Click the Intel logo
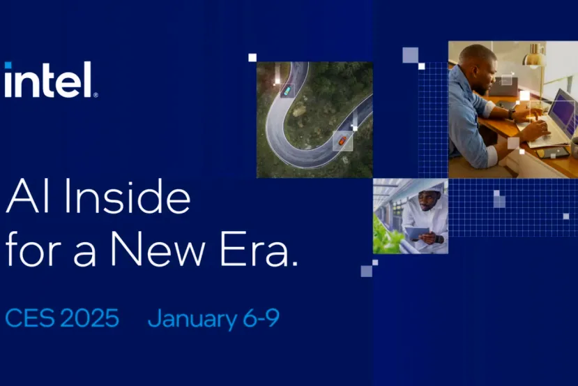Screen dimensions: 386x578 [x=50, y=80]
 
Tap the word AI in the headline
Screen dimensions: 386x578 [x=27, y=198]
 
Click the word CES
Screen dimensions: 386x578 [x=29, y=318]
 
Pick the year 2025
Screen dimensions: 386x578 [x=89, y=318]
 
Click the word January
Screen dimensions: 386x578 [x=192, y=320]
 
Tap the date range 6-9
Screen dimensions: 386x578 [x=261, y=318]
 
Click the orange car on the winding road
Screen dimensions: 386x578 [x=342, y=140]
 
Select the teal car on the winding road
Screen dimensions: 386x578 [x=287, y=89]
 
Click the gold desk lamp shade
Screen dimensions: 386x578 [x=535, y=57]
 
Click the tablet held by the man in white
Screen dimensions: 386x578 [x=417, y=232]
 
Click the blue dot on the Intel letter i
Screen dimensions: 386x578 [x=8, y=66]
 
